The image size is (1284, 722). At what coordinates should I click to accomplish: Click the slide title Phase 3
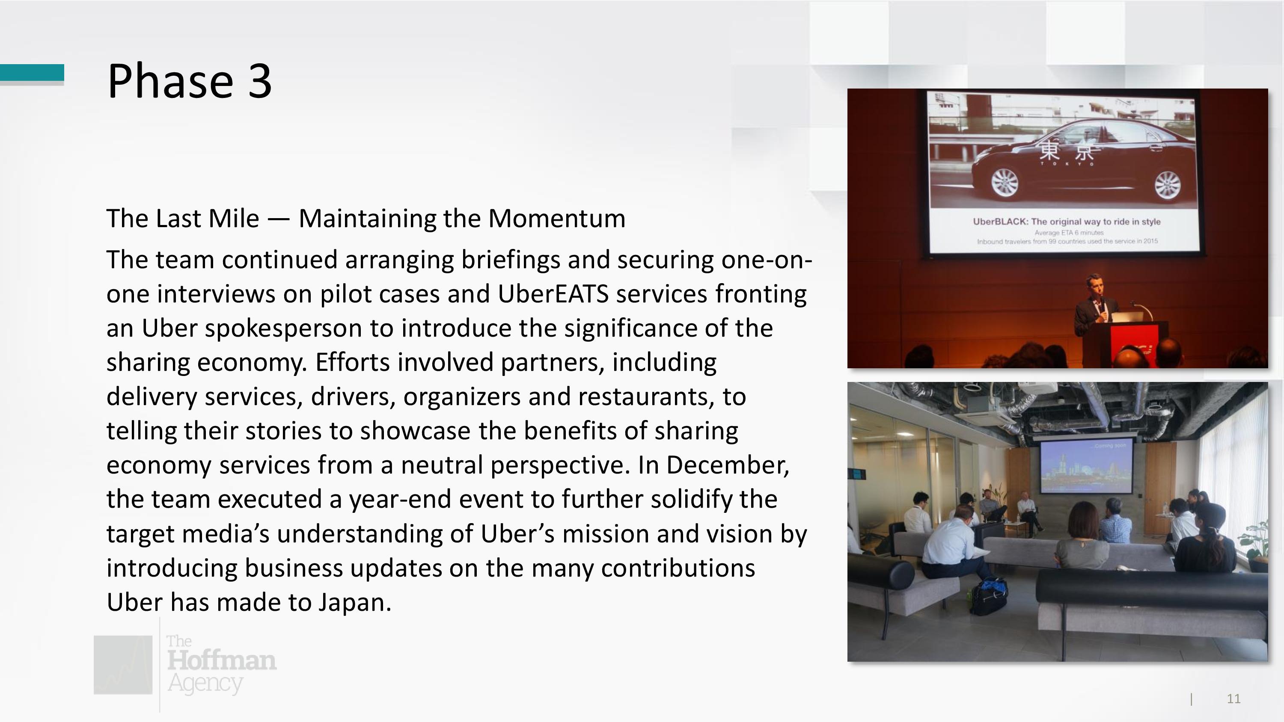coord(190,81)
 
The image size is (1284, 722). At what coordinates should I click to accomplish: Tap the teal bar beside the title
coord(32,72)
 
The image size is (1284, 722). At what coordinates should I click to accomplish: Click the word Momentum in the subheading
coord(557,218)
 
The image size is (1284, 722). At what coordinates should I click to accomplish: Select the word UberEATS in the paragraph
coord(553,293)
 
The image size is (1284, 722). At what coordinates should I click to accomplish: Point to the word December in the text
coord(728,465)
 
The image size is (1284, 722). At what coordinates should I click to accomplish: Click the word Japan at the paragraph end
coord(354,602)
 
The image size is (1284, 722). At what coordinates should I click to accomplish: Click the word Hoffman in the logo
coord(221,660)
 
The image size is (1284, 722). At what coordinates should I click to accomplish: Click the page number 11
coord(1233,699)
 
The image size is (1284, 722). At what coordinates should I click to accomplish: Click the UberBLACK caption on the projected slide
coord(1067,221)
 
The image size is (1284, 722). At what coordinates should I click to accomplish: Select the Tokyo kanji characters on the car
coord(1066,150)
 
